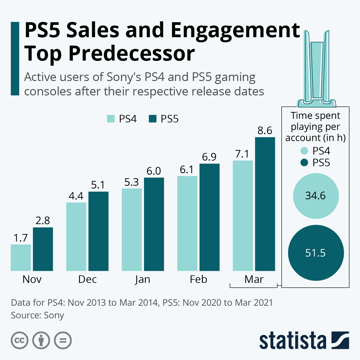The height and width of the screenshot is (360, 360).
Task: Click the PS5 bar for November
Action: pos(43,249)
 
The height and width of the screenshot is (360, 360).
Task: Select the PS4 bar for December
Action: pos(76,237)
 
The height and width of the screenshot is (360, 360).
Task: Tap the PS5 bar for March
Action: pos(265,204)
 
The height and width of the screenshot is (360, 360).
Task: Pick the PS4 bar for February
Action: pos(187,223)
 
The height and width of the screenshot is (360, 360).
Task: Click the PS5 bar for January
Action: pos(154,224)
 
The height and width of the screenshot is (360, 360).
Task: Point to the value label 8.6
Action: pos(265,130)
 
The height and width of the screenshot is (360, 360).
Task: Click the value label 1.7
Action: pos(21,238)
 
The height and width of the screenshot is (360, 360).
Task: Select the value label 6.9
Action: pos(209,157)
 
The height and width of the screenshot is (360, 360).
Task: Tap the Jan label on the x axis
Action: pos(142,279)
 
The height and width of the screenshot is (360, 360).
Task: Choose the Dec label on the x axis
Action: pos(87,279)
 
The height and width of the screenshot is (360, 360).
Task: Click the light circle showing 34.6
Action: pos(316,196)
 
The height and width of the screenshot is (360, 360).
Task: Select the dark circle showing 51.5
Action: pos(316,253)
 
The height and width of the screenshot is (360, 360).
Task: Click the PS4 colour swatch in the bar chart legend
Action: pos(111,119)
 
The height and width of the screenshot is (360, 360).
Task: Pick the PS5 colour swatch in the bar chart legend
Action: pos(153,119)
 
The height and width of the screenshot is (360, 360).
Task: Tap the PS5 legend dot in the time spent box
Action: pos(304,163)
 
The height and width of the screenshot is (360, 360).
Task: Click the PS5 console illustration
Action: pos(316,69)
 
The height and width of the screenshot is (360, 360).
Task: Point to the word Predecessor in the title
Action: pos(132,53)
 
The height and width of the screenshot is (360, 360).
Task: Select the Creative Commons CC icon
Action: pos(19,340)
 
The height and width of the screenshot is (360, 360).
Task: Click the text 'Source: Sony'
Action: pos(37,315)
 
